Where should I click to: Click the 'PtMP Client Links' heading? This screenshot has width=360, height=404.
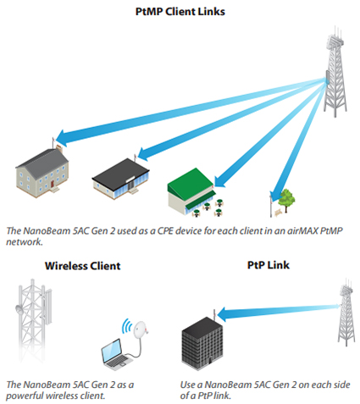pyautogui.click(x=180, y=12)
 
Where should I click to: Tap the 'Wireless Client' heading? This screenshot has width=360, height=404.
pyautogui.click(x=82, y=266)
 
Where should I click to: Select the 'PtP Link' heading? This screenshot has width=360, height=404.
pyautogui.click(x=269, y=265)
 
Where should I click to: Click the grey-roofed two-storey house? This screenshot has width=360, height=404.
pyautogui.click(x=42, y=173)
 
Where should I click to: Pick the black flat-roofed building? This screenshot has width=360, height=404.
pyautogui.click(x=120, y=179)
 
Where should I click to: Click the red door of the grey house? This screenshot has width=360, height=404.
pyautogui.click(x=53, y=185)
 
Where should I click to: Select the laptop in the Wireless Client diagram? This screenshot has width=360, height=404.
pyautogui.click(x=116, y=355)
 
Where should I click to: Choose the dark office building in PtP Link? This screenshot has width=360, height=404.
pyautogui.click(x=202, y=343)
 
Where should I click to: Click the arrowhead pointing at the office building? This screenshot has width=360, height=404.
pyautogui.click(x=223, y=314)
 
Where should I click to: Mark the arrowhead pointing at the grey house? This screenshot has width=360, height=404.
pyautogui.click(x=62, y=137)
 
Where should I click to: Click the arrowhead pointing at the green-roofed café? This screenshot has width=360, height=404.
pyautogui.click(x=220, y=180)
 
